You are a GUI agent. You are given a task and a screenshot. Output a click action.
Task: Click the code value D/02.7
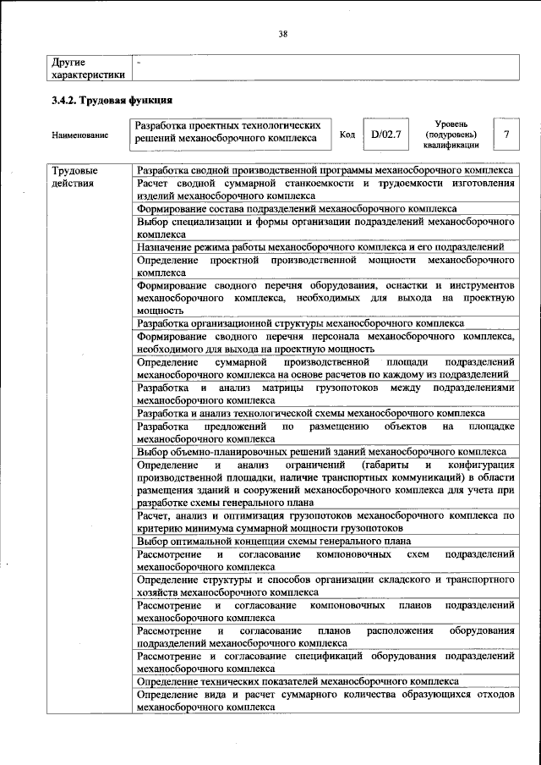pos(385,135)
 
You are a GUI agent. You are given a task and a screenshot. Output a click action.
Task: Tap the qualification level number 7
pos(505,135)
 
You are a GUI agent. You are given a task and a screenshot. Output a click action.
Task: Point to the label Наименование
pos(79,135)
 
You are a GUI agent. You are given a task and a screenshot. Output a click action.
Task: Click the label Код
pos(347,135)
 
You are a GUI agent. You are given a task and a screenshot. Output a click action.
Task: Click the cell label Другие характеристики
pos(87,68)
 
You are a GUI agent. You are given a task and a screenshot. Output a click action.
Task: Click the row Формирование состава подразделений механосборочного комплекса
pos(298,208)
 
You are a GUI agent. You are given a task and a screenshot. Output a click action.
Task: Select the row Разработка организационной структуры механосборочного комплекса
pos(300,323)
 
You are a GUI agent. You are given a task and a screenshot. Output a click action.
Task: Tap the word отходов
pos(494,694)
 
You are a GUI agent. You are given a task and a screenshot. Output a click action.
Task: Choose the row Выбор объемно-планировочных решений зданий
pos(322,452)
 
